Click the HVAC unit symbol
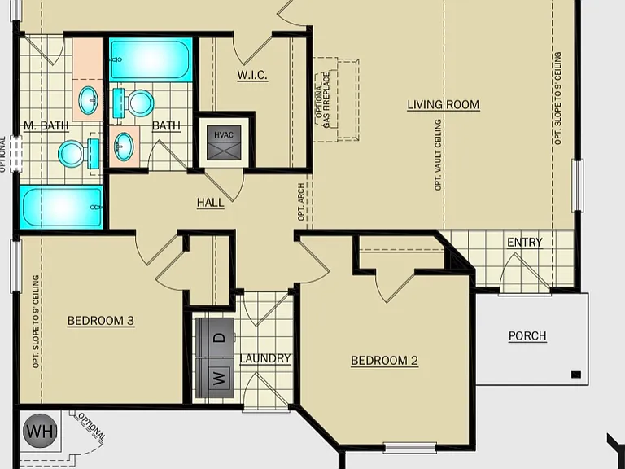(x=224, y=142)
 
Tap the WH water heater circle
(x=40, y=431)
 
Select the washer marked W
(x=215, y=378)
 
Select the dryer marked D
(x=215, y=338)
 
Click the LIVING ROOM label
(x=444, y=104)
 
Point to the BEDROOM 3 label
(x=101, y=321)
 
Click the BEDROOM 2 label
(x=385, y=361)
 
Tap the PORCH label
(x=527, y=335)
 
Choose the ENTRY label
(x=525, y=242)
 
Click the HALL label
(x=211, y=203)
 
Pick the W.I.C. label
(x=252, y=75)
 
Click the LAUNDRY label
(x=265, y=358)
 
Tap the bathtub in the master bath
(x=61, y=208)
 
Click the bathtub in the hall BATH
(x=151, y=59)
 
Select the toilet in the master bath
(x=79, y=153)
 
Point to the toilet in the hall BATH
(x=133, y=103)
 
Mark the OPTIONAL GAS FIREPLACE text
(x=322, y=100)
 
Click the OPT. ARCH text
(x=301, y=202)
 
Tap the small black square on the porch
(x=576, y=375)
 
